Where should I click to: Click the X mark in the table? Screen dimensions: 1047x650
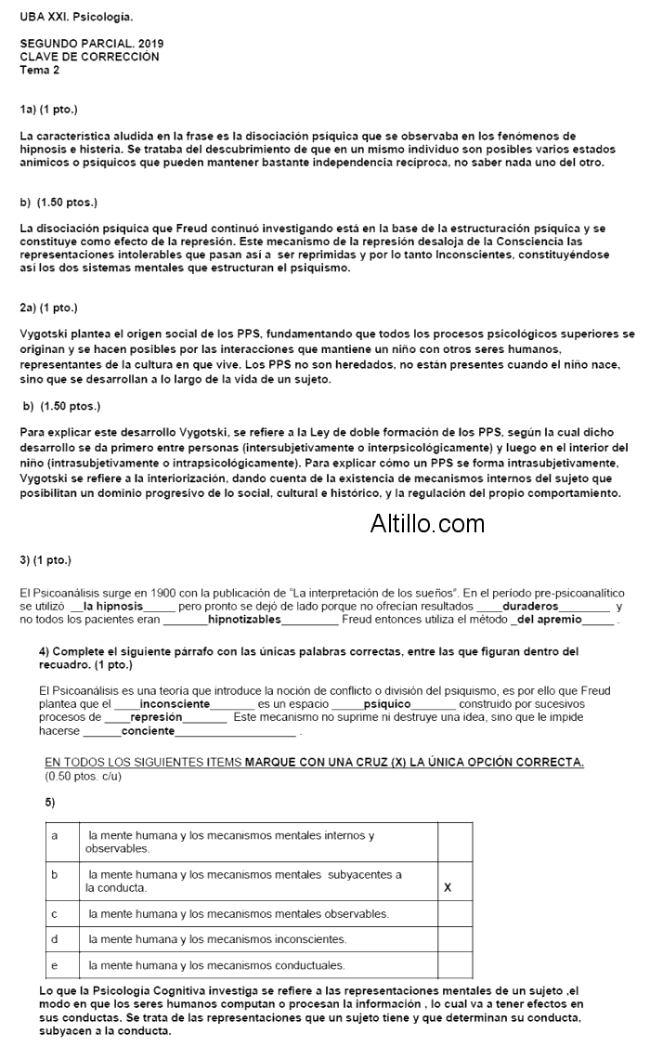(448, 887)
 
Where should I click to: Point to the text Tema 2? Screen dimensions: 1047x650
(39, 70)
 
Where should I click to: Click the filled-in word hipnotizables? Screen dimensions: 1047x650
(244, 619)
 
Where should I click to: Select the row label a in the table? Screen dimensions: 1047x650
(54, 835)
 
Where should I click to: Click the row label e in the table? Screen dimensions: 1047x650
(54, 965)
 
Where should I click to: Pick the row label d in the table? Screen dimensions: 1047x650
(54, 939)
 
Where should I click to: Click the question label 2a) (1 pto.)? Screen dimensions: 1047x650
(48, 308)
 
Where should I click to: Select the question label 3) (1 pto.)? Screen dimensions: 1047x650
(45, 560)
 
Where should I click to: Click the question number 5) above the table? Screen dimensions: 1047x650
(50, 801)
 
